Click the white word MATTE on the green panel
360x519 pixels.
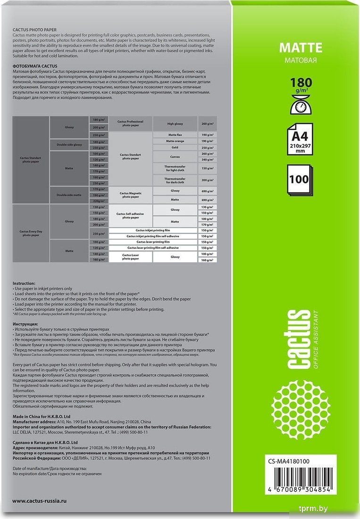(301, 48)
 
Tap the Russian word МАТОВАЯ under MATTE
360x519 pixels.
(301, 60)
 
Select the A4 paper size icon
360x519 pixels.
(300, 140)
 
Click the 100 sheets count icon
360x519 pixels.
(300, 180)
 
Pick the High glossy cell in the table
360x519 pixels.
(175, 124)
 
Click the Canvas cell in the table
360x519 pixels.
(175, 156)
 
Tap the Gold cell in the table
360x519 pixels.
(175, 147)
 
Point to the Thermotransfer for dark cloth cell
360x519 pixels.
(175, 179)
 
